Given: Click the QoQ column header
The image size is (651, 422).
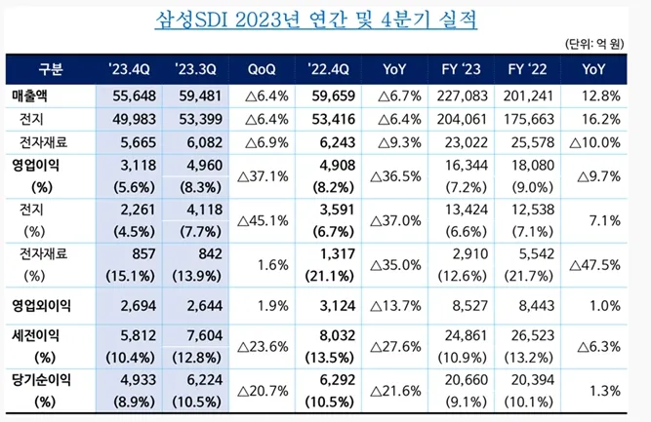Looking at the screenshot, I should pos(267,68).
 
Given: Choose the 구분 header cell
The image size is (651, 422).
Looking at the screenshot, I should pos(51,68).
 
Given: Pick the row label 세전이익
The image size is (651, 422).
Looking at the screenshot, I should pos(35,336).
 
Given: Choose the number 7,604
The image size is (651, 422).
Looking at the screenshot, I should pos(201,336).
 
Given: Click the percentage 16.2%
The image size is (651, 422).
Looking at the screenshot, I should pos(599,118).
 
